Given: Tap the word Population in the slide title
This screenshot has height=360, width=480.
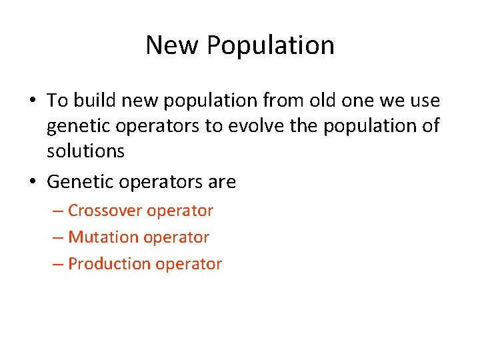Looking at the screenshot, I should (x=270, y=45).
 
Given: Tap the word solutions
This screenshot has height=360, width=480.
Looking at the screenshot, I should (x=85, y=151).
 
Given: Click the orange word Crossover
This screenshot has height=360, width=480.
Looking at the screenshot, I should (x=105, y=211).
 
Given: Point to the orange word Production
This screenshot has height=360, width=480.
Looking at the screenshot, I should (x=109, y=264).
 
